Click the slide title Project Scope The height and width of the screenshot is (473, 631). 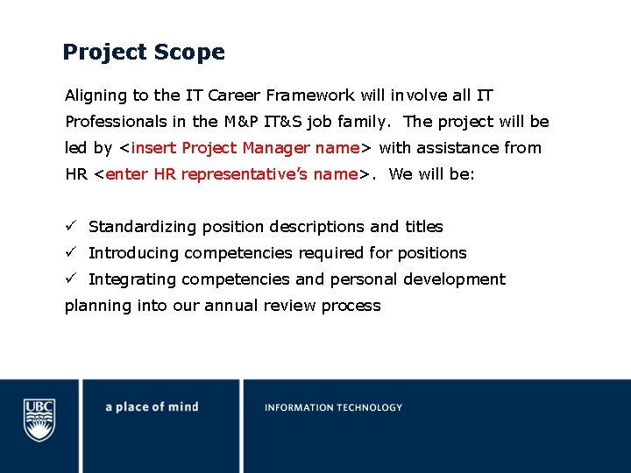tap(143, 53)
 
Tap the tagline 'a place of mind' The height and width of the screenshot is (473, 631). tap(152, 406)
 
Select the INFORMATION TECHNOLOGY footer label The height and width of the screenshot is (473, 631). tap(333, 407)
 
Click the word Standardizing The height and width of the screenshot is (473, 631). tap(143, 227)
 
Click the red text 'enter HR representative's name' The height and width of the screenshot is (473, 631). tap(231, 174)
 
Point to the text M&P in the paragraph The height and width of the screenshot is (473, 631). tap(243, 122)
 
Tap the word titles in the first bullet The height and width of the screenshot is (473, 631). tap(423, 227)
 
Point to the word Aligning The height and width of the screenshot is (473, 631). tap(94, 95)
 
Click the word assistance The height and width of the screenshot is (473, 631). tap(452, 148)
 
